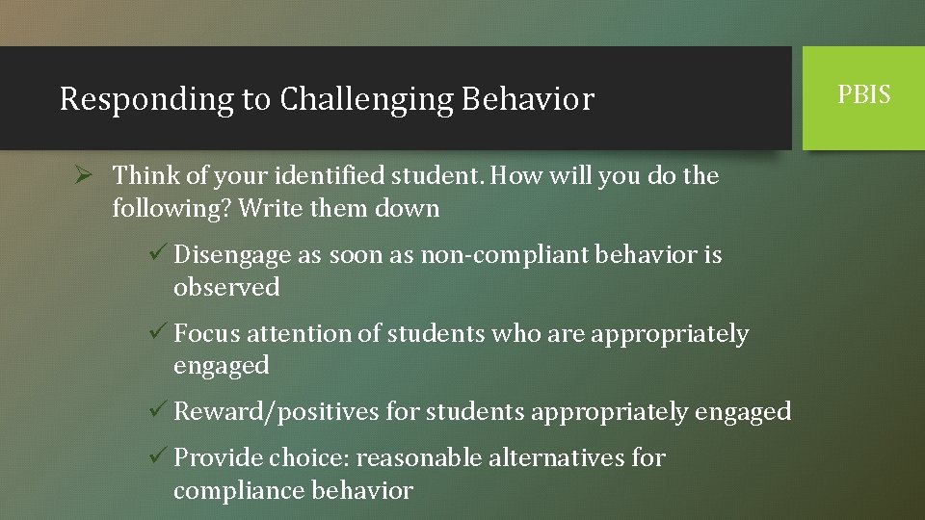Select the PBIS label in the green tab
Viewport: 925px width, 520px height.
[864, 95]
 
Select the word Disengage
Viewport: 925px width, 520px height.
[231, 256]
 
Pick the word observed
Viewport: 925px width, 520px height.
[226, 287]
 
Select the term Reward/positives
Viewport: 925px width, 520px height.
[276, 412]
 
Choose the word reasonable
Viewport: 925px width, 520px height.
[418, 458]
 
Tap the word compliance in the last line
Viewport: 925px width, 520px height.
[239, 490]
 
